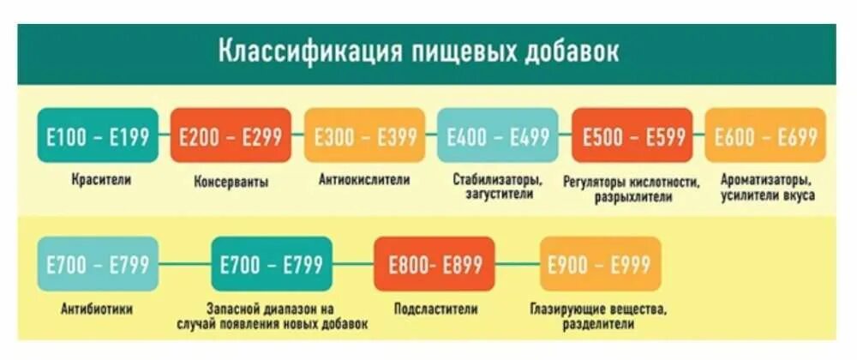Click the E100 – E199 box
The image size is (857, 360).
pos(98,135)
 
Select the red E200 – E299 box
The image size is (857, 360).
pos(231,135)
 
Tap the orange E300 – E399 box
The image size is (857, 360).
pos(365,135)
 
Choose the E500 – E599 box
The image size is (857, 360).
pos(632,135)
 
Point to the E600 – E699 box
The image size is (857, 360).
pos(765,135)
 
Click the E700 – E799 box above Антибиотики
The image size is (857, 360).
pos(98,265)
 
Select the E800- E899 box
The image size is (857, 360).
pos(434,265)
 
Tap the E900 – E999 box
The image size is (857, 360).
pos(600,265)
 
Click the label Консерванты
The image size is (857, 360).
pos(231,182)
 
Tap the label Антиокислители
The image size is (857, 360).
pos(364,181)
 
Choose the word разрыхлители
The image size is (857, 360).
pos(632,196)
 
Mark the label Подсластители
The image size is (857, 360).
pos(435,309)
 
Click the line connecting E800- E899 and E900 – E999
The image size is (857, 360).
pos(518,265)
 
